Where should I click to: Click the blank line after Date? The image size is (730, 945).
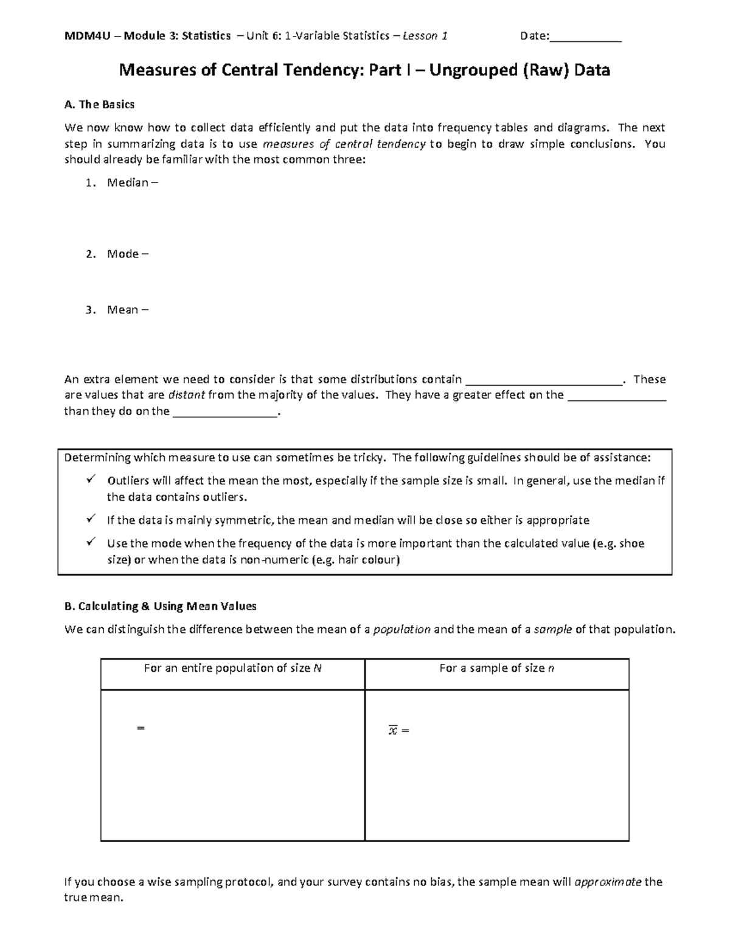click(585, 38)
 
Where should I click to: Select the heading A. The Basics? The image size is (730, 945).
click(99, 105)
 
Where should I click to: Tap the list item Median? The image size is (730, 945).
click(128, 183)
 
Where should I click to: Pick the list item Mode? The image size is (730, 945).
click(123, 254)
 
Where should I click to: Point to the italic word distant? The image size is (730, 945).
click(186, 395)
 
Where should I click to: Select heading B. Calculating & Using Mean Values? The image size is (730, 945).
click(160, 606)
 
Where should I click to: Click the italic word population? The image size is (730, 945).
click(401, 629)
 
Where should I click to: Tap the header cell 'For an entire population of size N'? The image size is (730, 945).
click(232, 668)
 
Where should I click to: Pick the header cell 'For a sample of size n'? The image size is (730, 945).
click(496, 668)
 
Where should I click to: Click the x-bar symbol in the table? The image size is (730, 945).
click(392, 730)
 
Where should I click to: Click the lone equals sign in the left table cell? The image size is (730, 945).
click(141, 728)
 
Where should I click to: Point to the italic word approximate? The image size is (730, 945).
click(608, 882)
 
